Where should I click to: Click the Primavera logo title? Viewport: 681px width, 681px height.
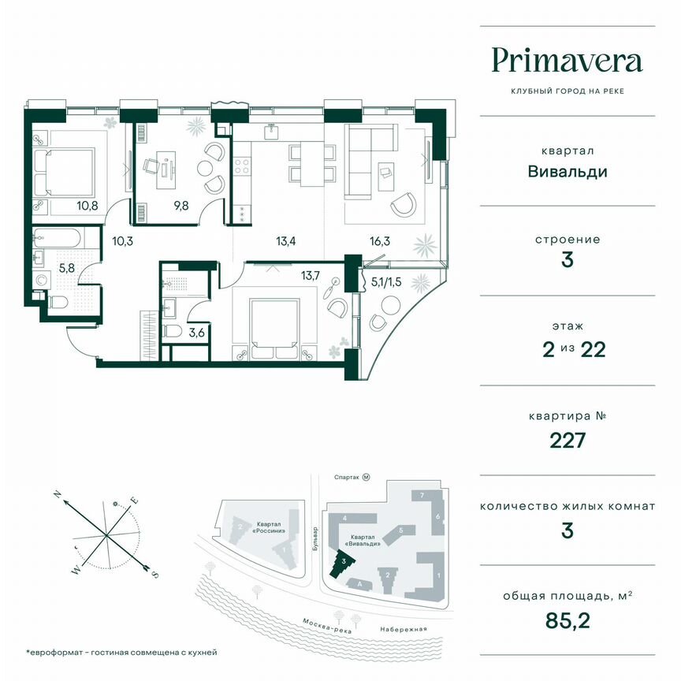tap(567, 61)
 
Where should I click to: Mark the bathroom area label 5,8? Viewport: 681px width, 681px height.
tap(45, 268)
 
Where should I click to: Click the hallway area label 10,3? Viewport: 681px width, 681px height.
tap(121, 241)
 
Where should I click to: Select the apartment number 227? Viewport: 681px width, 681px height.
tap(567, 439)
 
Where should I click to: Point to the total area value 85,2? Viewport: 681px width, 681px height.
tap(567, 620)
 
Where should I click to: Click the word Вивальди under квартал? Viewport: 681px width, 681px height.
tap(567, 171)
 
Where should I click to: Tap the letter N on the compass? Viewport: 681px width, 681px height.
tap(58, 494)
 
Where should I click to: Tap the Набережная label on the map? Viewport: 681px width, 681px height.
tap(407, 628)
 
